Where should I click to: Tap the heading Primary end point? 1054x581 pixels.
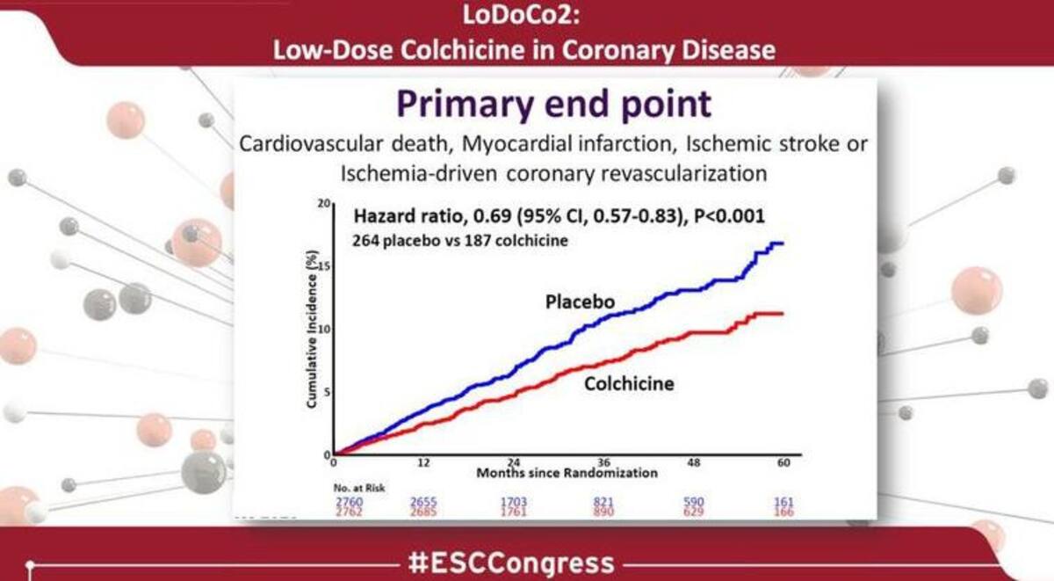(x=553, y=104)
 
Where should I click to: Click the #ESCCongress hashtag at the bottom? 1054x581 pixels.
(x=524, y=562)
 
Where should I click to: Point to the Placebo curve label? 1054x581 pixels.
(x=580, y=302)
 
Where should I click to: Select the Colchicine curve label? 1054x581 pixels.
(x=628, y=383)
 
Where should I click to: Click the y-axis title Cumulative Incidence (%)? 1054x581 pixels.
(x=312, y=330)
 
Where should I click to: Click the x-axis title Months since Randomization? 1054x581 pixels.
(x=567, y=473)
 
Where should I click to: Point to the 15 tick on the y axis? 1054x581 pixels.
(x=326, y=266)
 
